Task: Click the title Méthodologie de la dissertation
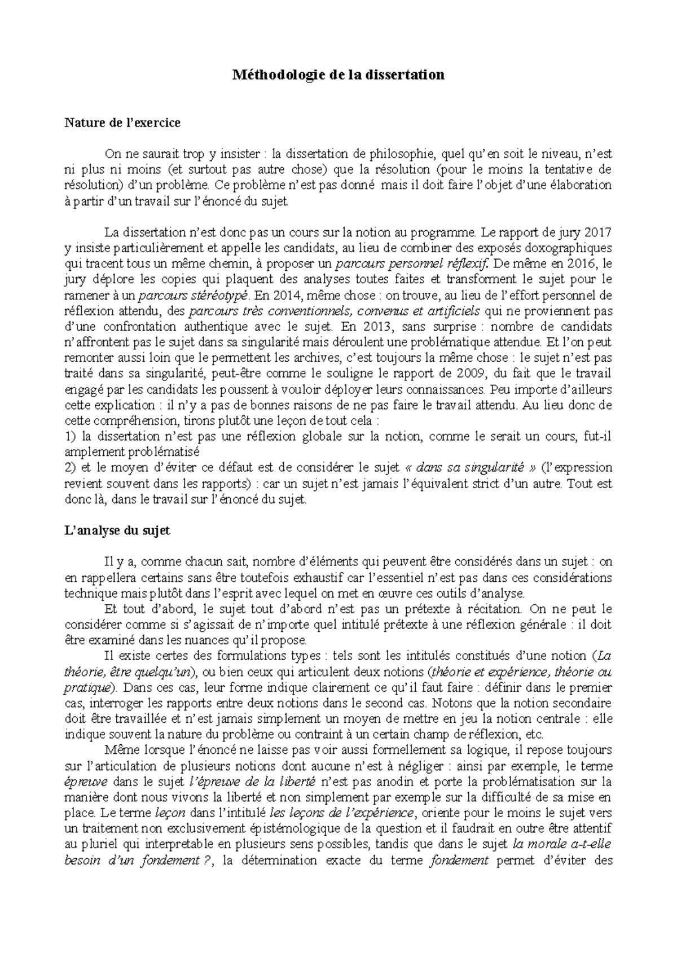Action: pyautogui.click(x=339, y=75)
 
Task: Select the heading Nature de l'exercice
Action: pyautogui.click(x=122, y=122)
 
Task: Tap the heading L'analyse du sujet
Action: pyautogui.click(x=117, y=530)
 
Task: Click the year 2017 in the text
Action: pyautogui.click(x=599, y=232)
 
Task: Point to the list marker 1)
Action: pyautogui.click(x=71, y=436)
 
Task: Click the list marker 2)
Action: pyautogui.click(x=71, y=468)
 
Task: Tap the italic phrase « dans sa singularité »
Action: pyautogui.click(x=471, y=468)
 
